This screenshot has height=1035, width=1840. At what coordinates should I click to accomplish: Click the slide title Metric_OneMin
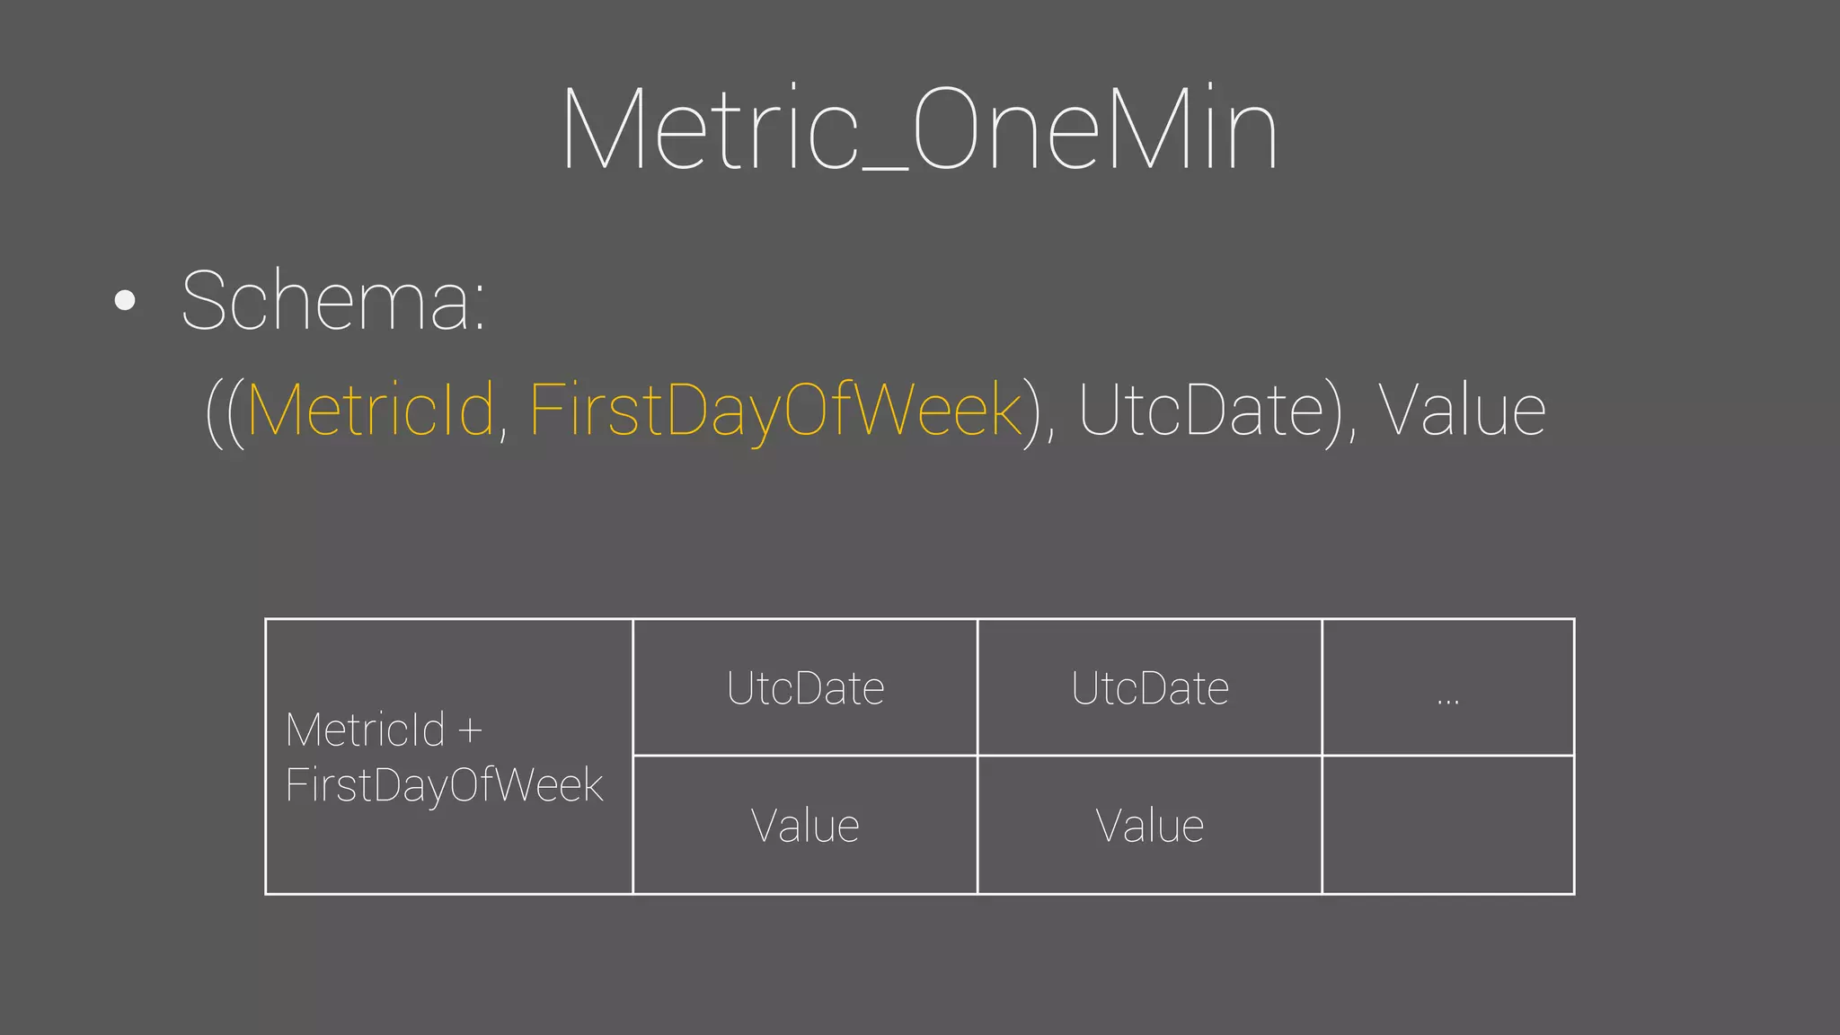pos(919,130)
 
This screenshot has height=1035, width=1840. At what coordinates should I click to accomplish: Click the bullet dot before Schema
pos(126,300)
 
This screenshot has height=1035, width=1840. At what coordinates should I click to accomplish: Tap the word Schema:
pos(333,300)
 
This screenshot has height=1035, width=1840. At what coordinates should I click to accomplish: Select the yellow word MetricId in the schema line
pos(370,411)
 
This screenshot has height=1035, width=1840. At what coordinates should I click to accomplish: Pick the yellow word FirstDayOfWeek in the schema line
pos(775,411)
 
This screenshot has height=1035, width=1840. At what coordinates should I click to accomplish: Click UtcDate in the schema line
pos(1200,411)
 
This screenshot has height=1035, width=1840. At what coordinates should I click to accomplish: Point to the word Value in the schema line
pos(1462,411)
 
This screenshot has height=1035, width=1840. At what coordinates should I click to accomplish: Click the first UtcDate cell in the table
pos(805,688)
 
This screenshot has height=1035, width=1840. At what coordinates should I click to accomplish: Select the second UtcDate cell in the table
pos(1149,688)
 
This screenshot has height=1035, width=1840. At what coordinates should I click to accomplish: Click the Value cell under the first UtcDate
pos(805,826)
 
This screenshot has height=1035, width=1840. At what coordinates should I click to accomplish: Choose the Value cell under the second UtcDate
pos(1149,826)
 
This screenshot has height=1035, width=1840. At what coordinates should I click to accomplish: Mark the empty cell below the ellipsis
pos(1447,825)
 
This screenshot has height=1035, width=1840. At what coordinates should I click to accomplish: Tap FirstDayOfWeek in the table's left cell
pos(444,785)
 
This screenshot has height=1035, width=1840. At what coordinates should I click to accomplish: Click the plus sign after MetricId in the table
pos(470,730)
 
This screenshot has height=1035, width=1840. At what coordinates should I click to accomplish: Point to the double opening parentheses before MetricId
pos(225,412)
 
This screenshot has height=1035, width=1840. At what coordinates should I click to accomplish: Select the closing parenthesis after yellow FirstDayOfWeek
pos(1032,412)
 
